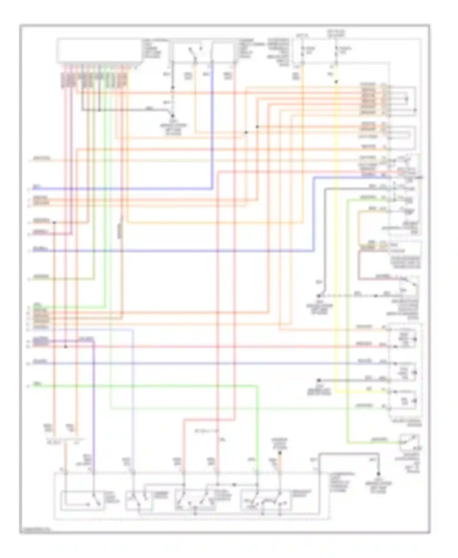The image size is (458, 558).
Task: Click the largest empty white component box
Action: [x=100, y=51]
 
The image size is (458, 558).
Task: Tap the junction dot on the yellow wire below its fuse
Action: [x=336, y=82]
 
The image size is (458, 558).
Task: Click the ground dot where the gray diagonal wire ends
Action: [x=173, y=116]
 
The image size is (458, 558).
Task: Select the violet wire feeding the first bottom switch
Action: [x=94, y=397]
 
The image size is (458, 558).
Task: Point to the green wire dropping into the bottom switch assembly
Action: [x=258, y=427]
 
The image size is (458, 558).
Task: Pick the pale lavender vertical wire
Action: [x=133, y=397]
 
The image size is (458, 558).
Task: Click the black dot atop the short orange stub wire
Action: [x=279, y=453]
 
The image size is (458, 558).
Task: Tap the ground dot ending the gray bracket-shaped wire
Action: [x=378, y=474]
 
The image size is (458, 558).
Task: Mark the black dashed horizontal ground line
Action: [x=348, y=296]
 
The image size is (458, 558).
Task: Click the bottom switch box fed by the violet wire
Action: [x=82, y=501]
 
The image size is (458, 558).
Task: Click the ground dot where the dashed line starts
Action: [x=318, y=296]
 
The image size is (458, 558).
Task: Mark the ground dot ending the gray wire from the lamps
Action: [x=318, y=380]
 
